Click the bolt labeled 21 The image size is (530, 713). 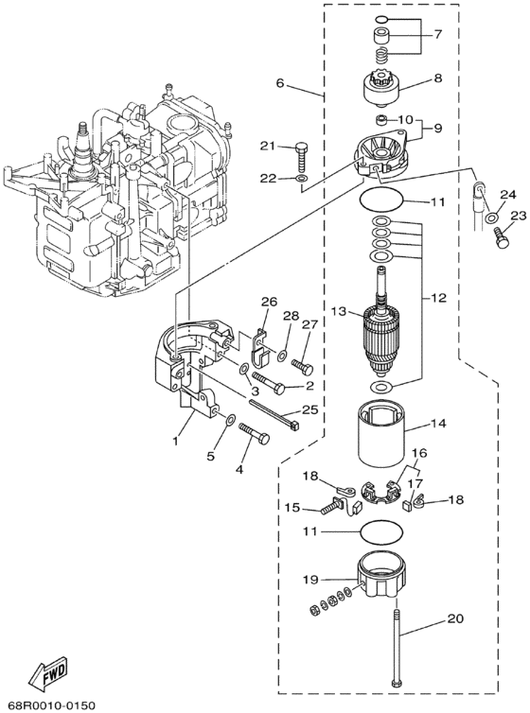(301, 151)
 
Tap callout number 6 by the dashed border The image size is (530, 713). (280, 83)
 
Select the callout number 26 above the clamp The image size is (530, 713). (270, 303)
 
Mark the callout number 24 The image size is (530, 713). (506, 196)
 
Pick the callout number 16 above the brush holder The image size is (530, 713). (419, 455)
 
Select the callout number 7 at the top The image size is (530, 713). (438, 34)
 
